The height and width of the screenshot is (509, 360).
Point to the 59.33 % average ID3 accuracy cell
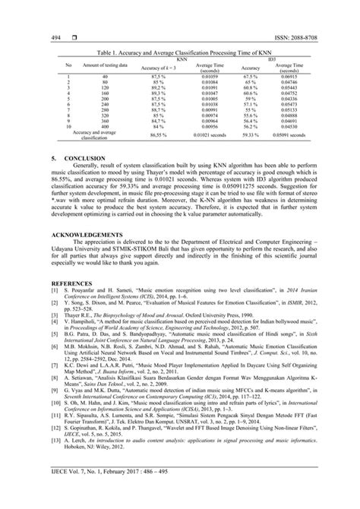point(251,134)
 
